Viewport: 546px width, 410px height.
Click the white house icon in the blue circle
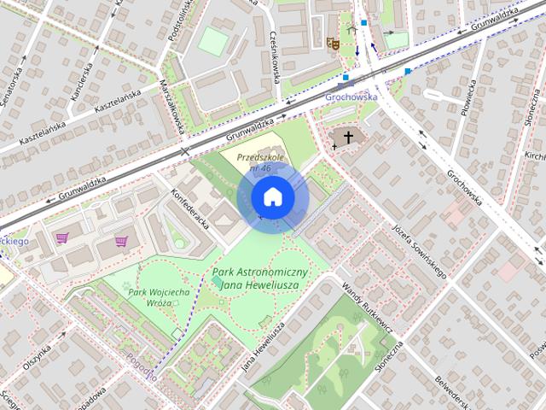[272, 197]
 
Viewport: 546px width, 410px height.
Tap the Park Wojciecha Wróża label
[159, 297]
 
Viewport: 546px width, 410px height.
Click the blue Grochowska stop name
[351, 97]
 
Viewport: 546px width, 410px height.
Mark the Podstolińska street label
[186, 23]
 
